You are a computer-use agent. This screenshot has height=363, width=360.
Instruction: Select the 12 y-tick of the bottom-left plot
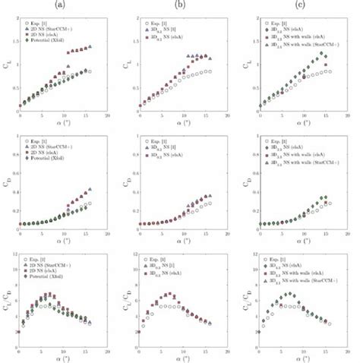tap(14, 254)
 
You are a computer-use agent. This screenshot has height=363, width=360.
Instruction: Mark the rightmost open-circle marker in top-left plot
tap(90, 72)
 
